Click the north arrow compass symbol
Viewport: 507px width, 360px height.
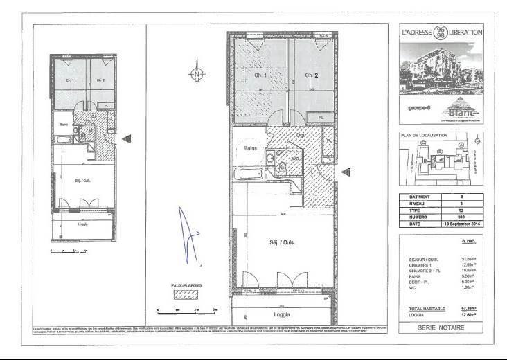click(198, 73)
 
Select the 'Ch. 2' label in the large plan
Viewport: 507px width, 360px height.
click(311, 75)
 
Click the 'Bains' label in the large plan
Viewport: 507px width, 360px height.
click(251, 148)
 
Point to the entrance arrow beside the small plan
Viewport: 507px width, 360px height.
click(126, 139)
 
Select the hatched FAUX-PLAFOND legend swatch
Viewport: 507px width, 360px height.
click(181, 294)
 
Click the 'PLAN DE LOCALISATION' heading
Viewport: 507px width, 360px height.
click(425, 136)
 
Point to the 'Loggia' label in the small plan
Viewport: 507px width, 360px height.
click(82, 224)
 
